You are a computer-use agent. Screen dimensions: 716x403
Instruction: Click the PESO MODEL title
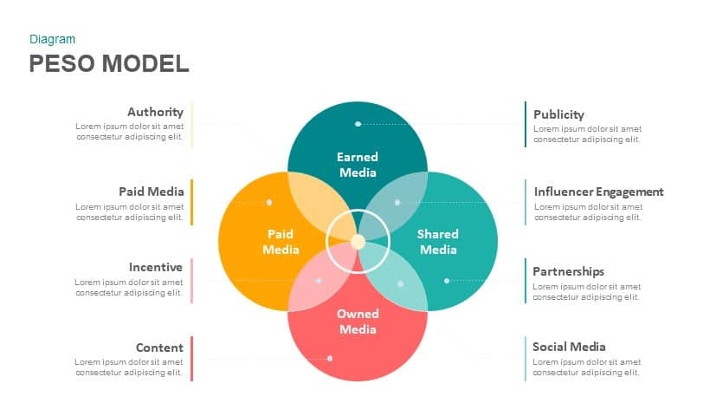coord(109,63)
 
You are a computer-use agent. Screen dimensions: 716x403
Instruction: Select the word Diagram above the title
coord(52,39)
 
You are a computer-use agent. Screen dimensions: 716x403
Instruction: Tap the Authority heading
coord(155,112)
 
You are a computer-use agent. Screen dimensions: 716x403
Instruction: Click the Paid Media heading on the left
coord(152,192)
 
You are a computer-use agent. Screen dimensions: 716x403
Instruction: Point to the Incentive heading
coord(155,267)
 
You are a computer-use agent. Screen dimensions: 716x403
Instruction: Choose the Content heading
coord(159,348)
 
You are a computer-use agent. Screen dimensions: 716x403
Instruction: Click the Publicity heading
coord(558,114)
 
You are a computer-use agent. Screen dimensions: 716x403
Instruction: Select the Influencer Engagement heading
coord(598,192)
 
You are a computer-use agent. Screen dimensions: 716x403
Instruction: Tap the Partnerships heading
coord(568,271)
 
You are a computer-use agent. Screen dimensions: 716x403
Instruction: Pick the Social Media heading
coord(569,347)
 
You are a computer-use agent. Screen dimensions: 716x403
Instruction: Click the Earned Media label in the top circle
coord(358,165)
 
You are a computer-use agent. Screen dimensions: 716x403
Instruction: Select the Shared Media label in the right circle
coord(438,242)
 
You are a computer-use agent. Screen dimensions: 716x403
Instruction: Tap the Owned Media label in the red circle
coord(358,322)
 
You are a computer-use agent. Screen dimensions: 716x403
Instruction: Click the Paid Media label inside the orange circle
coord(281,242)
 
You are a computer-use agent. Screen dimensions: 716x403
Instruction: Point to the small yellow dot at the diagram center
coord(358,242)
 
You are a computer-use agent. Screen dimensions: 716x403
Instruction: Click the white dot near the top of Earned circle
coord(358,124)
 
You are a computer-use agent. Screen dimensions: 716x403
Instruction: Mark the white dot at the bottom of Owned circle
coord(330,358)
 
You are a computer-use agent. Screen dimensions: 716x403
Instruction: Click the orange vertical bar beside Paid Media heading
coord(192,203)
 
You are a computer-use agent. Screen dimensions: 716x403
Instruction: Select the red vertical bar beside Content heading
coord(192,359)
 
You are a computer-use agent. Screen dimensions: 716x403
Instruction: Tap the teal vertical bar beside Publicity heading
coord(526,124)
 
